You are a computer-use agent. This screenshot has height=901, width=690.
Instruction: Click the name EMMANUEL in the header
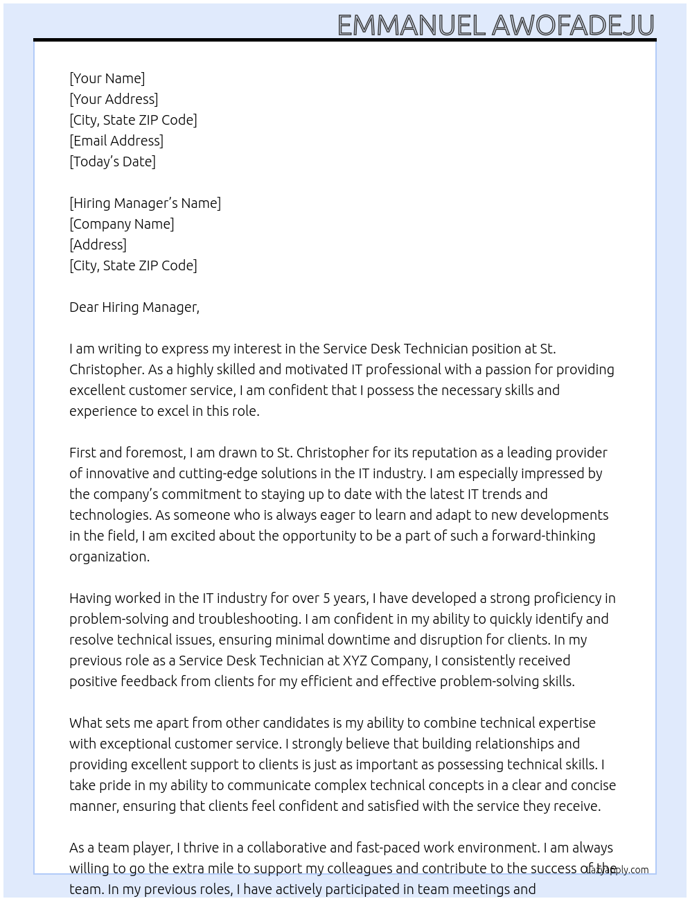tap(411, 26)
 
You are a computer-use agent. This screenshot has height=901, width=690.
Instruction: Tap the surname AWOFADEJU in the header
tap(573, 26)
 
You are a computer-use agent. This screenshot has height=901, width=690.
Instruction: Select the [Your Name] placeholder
tap(107, 78)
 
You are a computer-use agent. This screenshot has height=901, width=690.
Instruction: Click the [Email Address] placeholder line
tap(116, 141)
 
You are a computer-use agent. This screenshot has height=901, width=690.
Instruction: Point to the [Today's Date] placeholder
tap(112, 161)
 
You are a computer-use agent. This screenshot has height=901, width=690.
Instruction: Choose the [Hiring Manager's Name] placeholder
tap(145, 203)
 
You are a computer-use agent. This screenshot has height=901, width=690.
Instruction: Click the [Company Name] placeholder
tap(121, 224)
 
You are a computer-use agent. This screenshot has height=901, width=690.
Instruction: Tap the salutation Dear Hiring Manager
tap(134, 307)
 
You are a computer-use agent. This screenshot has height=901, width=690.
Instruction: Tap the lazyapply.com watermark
tap(616, 870)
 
